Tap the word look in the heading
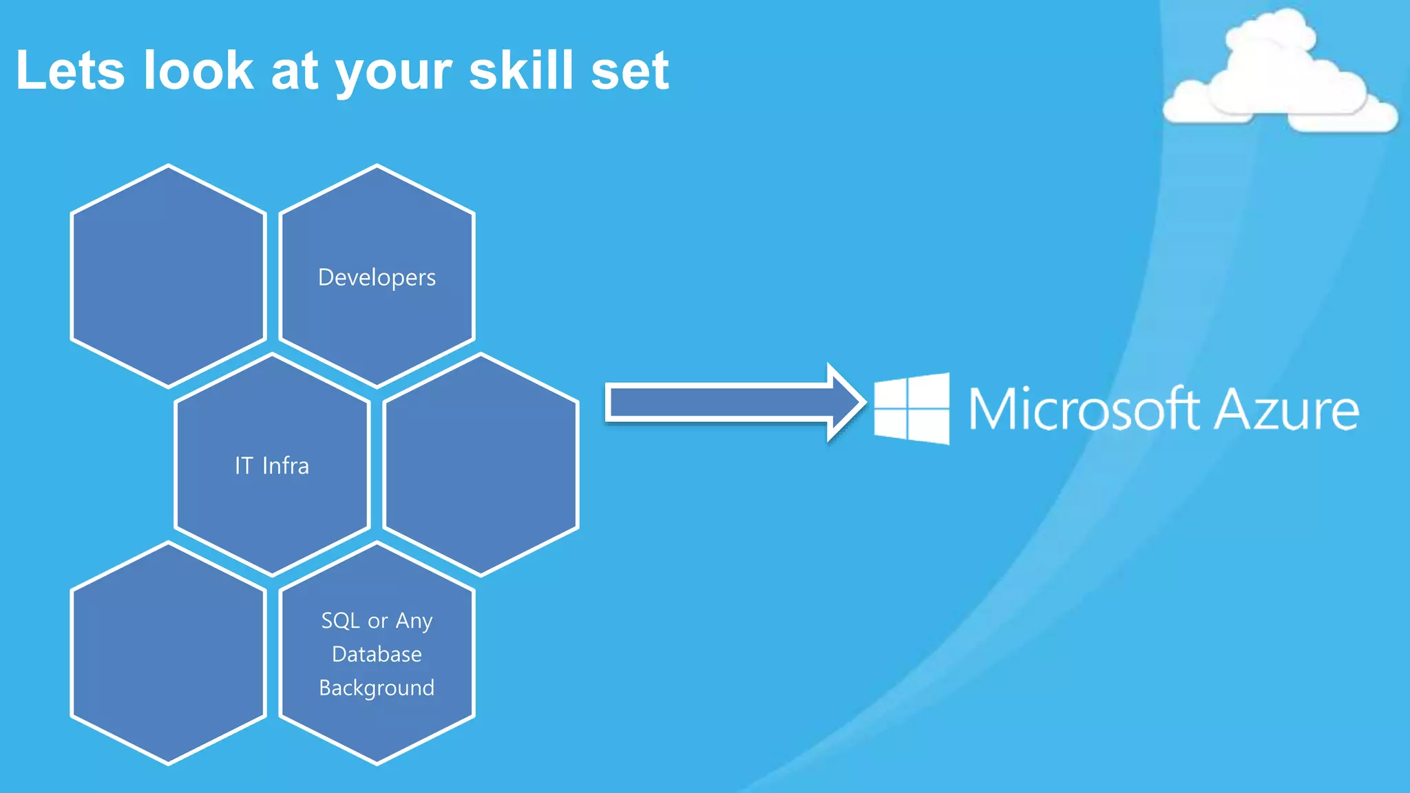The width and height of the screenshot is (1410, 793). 198,70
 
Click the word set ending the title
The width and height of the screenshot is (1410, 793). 629,72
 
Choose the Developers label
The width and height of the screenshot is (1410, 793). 377,277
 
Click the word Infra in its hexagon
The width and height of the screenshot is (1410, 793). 286,466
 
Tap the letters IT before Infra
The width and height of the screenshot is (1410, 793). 244,466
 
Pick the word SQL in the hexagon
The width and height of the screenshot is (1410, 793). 341,621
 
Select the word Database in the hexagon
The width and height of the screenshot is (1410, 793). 377,654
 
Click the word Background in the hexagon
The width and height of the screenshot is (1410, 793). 377,688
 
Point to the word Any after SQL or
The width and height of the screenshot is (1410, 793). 414,622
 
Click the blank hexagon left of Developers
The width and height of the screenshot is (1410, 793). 169,275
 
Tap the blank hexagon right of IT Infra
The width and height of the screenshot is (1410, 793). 481,465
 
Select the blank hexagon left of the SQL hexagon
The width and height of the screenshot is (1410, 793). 169,653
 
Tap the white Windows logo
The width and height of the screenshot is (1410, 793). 912,409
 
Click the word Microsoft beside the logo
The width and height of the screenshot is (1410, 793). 1084,409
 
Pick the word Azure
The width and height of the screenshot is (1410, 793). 1286,410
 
